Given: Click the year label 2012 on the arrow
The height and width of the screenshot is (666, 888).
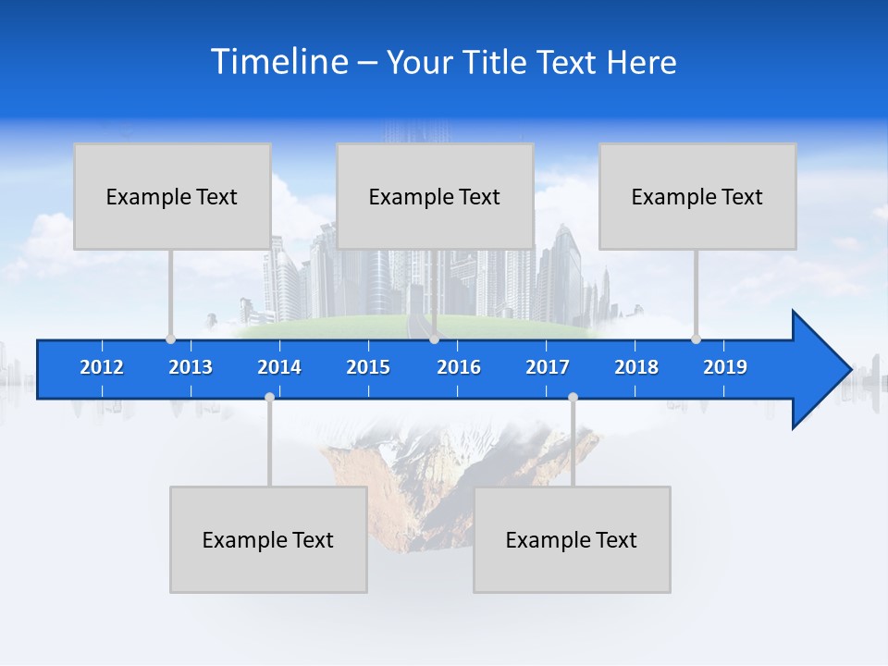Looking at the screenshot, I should (102, 367).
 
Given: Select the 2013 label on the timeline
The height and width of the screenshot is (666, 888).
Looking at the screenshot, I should (191, 367).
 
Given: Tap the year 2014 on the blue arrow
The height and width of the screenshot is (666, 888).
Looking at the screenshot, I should (279, 367).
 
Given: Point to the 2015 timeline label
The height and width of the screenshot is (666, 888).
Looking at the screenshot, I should (368, 367).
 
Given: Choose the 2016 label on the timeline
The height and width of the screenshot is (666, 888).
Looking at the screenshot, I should (459, 367).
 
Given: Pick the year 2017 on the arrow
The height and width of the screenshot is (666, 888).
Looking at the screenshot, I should (548, 367).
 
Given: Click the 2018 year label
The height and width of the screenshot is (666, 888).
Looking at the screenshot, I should (636, 367).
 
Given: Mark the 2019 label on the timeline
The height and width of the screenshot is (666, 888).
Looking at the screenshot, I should (725, 367).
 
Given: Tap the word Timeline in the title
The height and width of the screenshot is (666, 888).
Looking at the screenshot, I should (277, 62).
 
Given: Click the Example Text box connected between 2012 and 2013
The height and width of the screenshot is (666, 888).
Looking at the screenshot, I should (172, 196).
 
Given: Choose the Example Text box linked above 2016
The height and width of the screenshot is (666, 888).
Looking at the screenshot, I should (435, 196).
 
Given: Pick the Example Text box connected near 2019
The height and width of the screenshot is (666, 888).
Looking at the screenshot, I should (697, 196).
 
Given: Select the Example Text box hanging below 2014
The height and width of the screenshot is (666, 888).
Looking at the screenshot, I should (268, 539).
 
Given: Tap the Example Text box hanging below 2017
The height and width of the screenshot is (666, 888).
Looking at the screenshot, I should (572, 539).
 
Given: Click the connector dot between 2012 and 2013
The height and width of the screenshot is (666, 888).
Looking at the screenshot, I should (170, 339).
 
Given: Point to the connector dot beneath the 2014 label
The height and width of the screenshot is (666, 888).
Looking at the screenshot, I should (269, 398).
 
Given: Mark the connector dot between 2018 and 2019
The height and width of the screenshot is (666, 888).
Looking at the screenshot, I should (696, 339).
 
